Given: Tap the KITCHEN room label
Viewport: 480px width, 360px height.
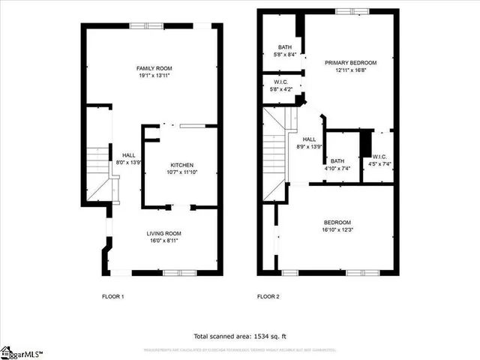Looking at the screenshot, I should [182, 165].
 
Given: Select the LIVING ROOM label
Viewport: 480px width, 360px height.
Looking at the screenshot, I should [163, 233].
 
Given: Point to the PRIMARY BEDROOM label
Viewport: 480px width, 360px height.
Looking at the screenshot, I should [350, 63].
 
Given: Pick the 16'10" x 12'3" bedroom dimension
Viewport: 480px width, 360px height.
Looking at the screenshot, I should [337, 230].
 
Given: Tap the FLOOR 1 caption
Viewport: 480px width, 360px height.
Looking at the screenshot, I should [112, 297].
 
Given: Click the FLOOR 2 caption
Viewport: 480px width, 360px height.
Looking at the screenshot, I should [268, 297].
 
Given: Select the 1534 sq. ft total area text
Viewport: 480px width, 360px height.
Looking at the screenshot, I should [240, 337].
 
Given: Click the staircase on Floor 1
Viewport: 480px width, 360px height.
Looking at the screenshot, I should [98, 174].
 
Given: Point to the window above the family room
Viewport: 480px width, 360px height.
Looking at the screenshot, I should [147, 25].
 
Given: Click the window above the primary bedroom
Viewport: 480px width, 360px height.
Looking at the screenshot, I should [346, 10].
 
